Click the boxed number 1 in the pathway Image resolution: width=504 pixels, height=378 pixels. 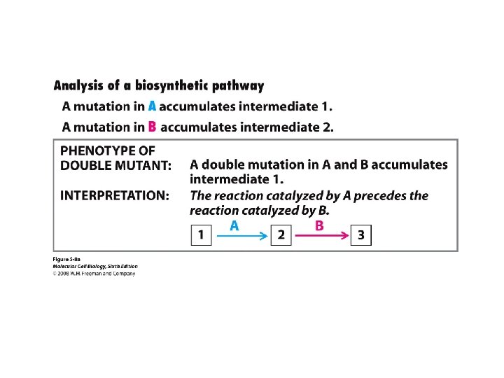tap(201, 235)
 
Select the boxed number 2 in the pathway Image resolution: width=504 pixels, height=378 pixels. tap(281, 235)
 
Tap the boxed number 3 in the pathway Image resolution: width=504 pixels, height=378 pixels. tap(360, 235)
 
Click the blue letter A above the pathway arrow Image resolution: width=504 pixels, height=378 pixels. tap(234, 225)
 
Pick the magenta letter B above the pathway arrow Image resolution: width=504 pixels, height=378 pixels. tap(319, 225)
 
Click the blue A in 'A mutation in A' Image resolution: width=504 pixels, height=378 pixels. tap(152, 107)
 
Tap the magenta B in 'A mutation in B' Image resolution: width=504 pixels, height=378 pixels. tap(152, 127)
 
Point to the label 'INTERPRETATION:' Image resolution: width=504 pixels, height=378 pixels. tap(115, 196)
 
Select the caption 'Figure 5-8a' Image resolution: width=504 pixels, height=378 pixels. tap(66, 260)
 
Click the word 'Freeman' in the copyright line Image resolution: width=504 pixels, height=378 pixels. tap(92, 273)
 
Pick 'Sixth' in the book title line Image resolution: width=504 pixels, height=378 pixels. tap(112, 266)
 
